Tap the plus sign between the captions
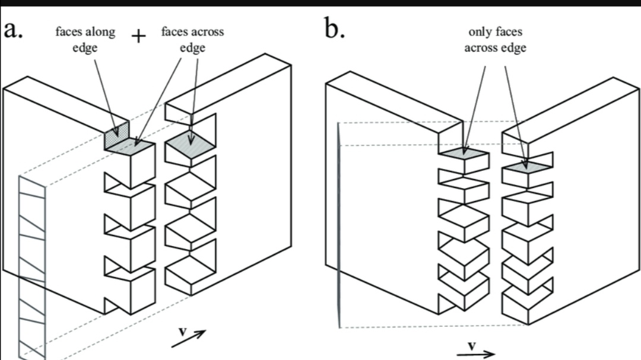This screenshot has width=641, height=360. coord(138,36)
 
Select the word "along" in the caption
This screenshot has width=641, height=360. coord(100,31)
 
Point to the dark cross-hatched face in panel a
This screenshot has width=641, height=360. coord(116,135)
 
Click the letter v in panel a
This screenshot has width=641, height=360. coord(183,331)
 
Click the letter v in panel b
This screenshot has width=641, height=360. coord(472,346)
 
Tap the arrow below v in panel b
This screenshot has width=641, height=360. coord(476,354)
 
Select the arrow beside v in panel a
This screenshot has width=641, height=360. coord(189,339)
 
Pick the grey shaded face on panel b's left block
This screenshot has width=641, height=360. coord(463,152)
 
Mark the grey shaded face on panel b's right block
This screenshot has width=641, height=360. coord(528,166)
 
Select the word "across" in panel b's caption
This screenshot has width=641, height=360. coord(480,48)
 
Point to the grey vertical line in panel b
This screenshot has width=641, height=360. coord(338,225)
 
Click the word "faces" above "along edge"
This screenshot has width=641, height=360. coord(69,31)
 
